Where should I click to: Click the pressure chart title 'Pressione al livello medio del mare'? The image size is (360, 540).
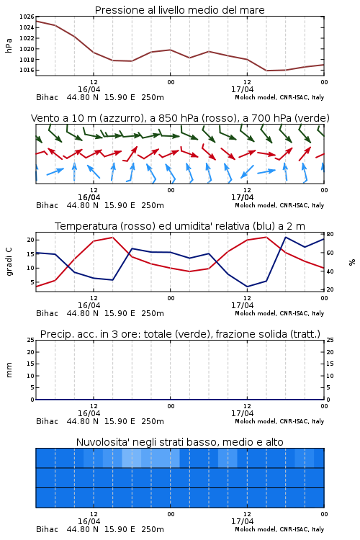click(179, 10)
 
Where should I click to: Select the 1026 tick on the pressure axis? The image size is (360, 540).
click(27, 17)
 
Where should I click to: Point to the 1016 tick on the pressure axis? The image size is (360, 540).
click(27, 71)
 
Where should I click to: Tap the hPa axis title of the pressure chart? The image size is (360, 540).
click(9, 45)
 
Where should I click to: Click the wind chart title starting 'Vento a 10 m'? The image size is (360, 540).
click(180, 118)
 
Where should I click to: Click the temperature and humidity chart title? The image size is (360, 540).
click(180, 226)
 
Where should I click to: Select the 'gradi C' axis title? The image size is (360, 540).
click(9, 262)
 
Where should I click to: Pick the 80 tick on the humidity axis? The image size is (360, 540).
click(330, 234)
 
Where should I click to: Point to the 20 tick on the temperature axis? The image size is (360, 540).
click(31, 240)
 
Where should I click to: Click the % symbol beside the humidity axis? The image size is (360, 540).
click(352, 262)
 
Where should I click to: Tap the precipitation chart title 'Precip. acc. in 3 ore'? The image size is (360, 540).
click(180, 334)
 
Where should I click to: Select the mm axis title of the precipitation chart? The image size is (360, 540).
click(9, 370)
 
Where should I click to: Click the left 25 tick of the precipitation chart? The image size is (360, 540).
click(31, 340)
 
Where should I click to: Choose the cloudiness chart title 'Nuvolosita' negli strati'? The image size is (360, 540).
click(179, 442)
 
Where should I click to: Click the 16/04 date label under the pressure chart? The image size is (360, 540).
click(89, 89)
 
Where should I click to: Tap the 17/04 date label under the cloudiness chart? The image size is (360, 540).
click(242, 521)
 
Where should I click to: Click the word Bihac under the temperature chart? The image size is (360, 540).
click(48, 313)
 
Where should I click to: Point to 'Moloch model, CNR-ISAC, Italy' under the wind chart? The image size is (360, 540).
click(279, 205)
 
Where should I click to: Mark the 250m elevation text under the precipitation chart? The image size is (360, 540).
click(153, 421)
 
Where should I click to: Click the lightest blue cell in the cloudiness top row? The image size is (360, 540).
click(131, 458)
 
